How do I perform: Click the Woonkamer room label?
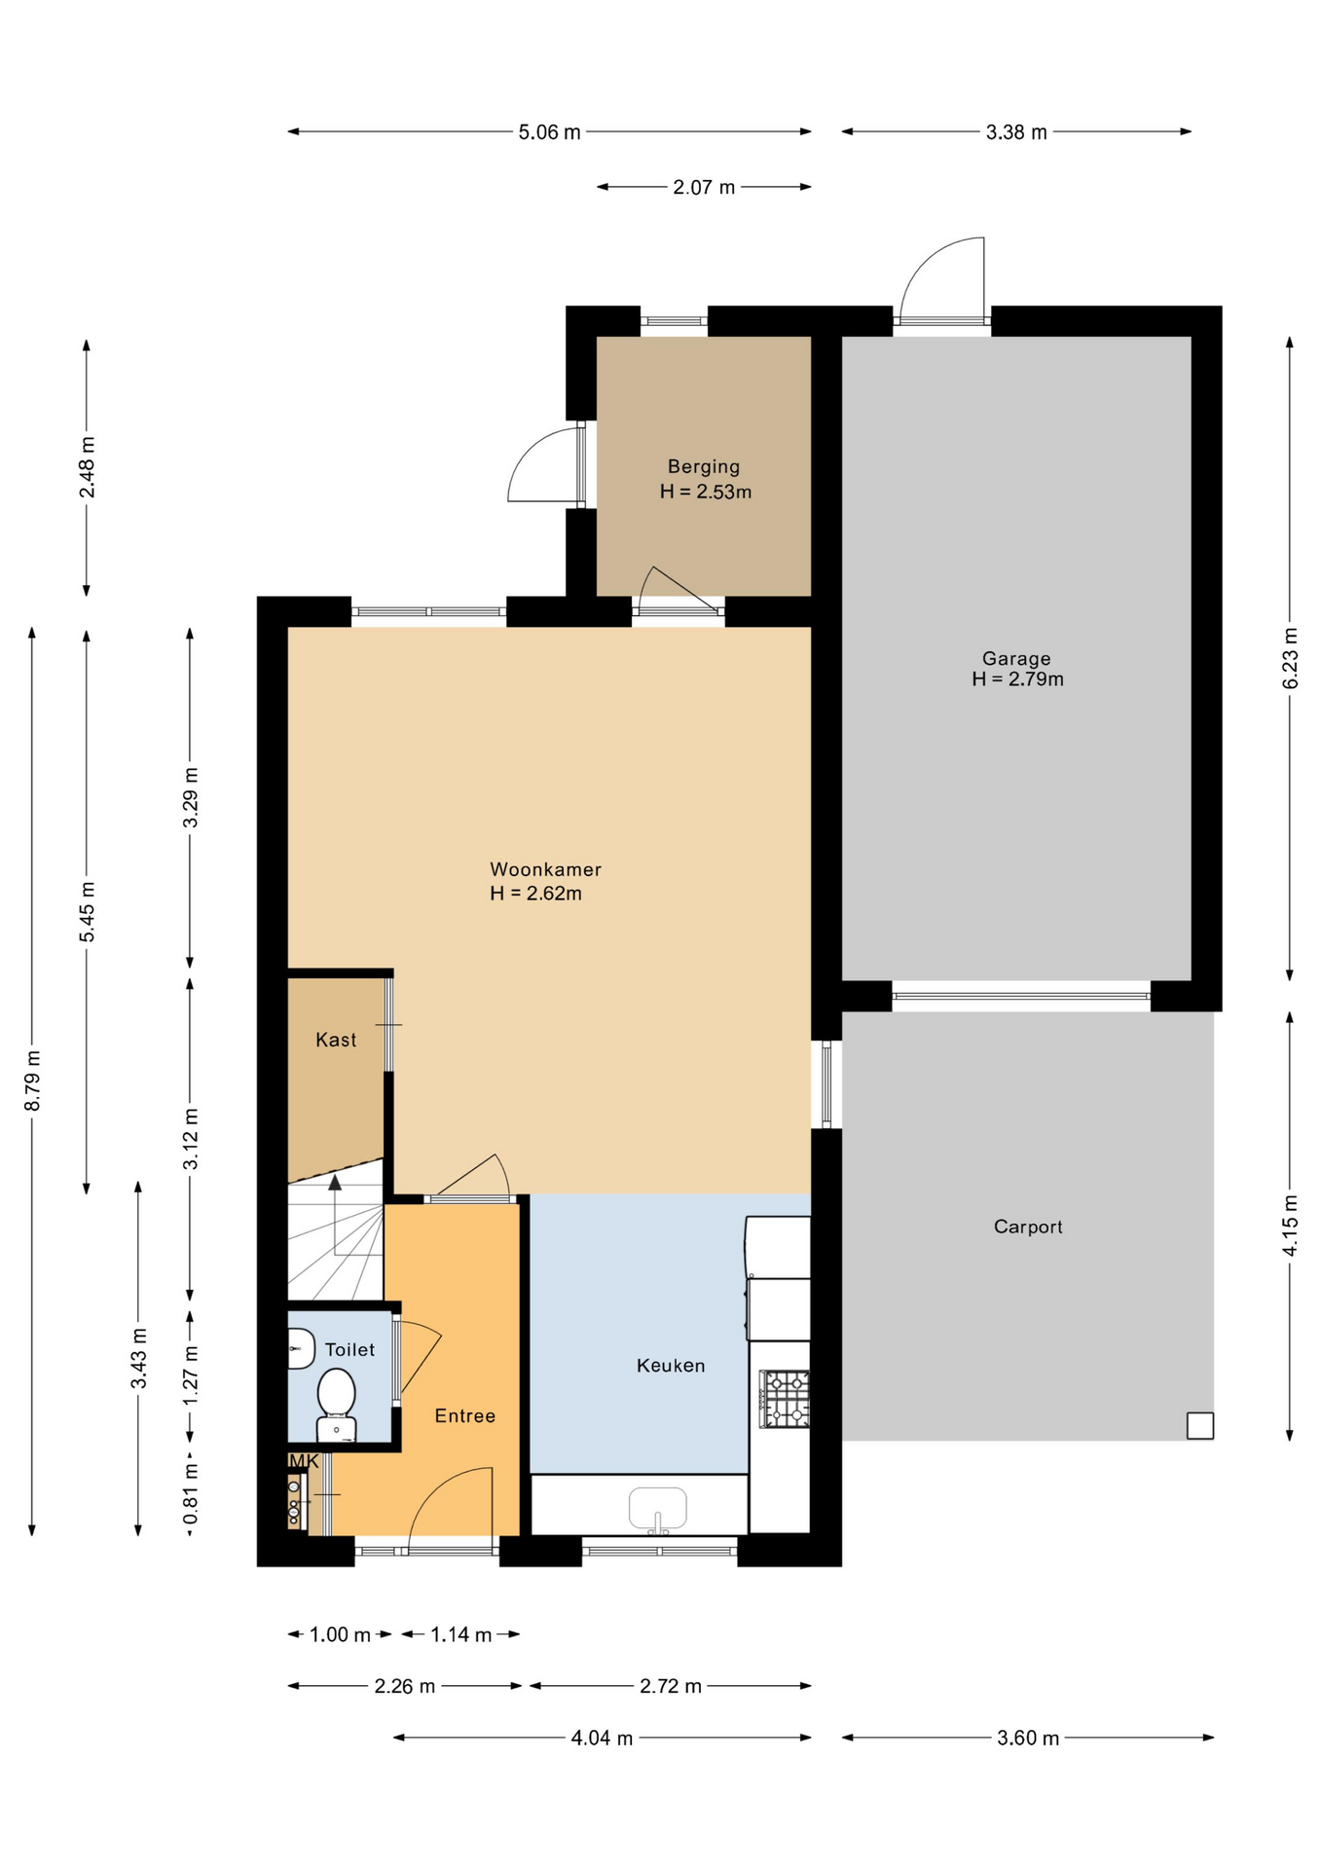point(545,869)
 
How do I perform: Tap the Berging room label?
point(704,467)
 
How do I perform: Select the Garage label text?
point(1016,659)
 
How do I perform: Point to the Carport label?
point(1028,1227)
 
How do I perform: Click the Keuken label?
point(671,1366)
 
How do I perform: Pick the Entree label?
point(465,1416)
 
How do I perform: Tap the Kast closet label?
point(336,1041)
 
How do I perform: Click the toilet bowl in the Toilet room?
point(336,1405)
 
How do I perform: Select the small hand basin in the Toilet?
point(301,1349)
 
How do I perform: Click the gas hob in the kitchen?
point(785,1399)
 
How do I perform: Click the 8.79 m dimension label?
point(32,1081)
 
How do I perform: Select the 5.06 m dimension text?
point(549,132)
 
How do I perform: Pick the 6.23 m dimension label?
point(1290,658)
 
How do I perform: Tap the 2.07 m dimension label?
point(704,187)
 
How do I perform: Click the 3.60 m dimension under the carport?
point(1028,1738)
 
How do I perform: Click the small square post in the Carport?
point(1200,1425)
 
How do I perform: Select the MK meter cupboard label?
point(304,1461)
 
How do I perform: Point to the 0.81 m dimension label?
point(191,1493)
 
